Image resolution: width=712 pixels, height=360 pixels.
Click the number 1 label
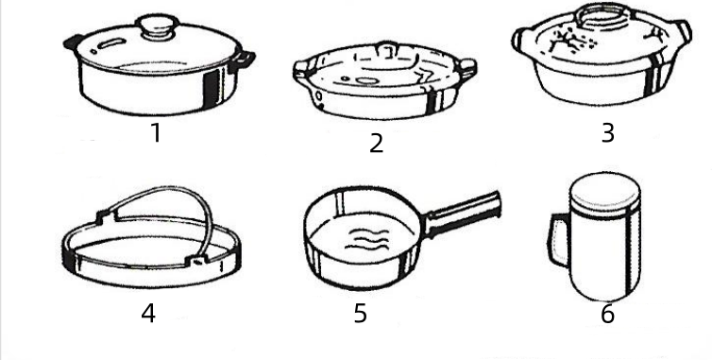tap(156, 133)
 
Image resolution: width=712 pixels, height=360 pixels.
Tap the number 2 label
tap(377, 144)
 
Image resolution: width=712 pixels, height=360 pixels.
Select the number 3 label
tap(608, 133)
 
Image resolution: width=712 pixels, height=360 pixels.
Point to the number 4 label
tap(148, 313)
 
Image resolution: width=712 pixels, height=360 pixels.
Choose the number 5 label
tap(360, 313)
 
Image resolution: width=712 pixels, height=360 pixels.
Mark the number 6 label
tap(608, 314)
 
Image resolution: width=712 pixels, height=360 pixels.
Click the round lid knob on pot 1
tap(158, 26)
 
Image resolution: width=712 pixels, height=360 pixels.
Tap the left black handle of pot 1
tap(74, 43)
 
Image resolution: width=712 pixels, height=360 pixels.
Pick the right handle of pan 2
tap(467, 67)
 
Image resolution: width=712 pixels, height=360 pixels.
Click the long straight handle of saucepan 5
tap(463, 214)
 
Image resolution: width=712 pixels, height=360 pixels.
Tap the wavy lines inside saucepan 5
tap(367, 240)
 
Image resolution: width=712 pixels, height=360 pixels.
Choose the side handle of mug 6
tap(558, 240)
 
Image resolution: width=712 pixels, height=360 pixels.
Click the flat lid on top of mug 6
tap(605, 192)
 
